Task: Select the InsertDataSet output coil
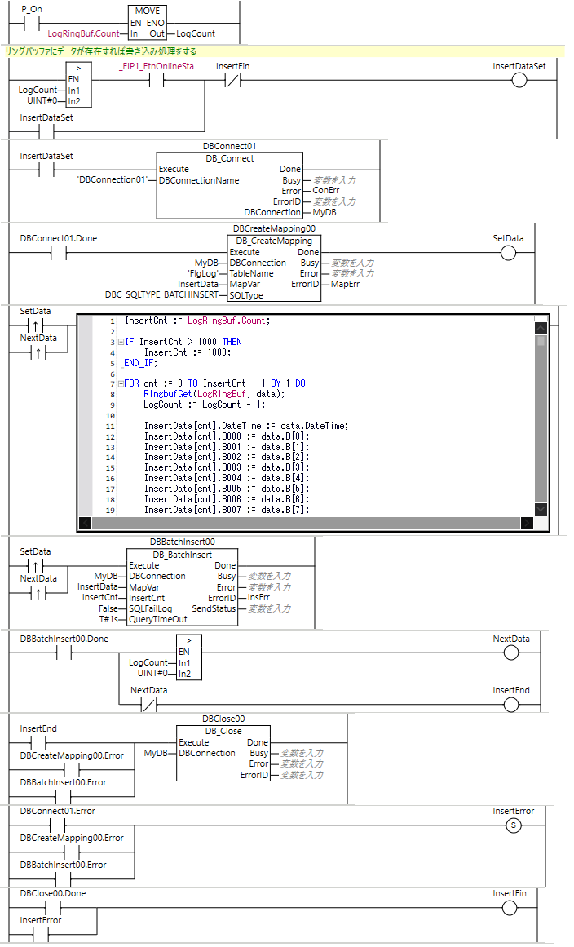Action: [x=519, y=80]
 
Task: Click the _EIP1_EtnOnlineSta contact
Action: [x=154, y=80]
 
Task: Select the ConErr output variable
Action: [x=326, y=191]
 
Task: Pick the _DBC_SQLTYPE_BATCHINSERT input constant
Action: [x=159, y=294]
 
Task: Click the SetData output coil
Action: [x=509, y=253]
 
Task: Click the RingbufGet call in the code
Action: [x=170, y=394]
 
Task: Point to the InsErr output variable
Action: [x=258, y=598]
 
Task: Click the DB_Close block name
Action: [x=223, y=731]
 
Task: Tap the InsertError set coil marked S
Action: [x=514, y=825]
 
